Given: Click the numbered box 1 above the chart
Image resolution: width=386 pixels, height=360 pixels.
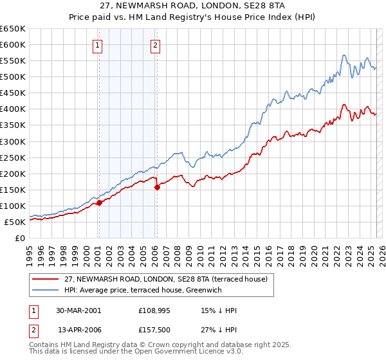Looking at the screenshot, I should coord(98,45).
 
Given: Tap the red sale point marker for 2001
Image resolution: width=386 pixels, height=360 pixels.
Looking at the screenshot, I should coord(99,203).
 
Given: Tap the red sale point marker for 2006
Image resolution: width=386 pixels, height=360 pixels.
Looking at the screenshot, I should coord(157,188).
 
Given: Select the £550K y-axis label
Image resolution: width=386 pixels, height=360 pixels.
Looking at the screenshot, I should coord(13,61).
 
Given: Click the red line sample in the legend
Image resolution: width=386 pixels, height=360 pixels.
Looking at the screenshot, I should coord(46,278).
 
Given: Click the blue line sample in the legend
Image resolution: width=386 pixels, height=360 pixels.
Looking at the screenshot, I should coord(46,289).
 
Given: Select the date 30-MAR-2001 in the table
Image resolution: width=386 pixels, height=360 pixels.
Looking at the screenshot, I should coord(78,310).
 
